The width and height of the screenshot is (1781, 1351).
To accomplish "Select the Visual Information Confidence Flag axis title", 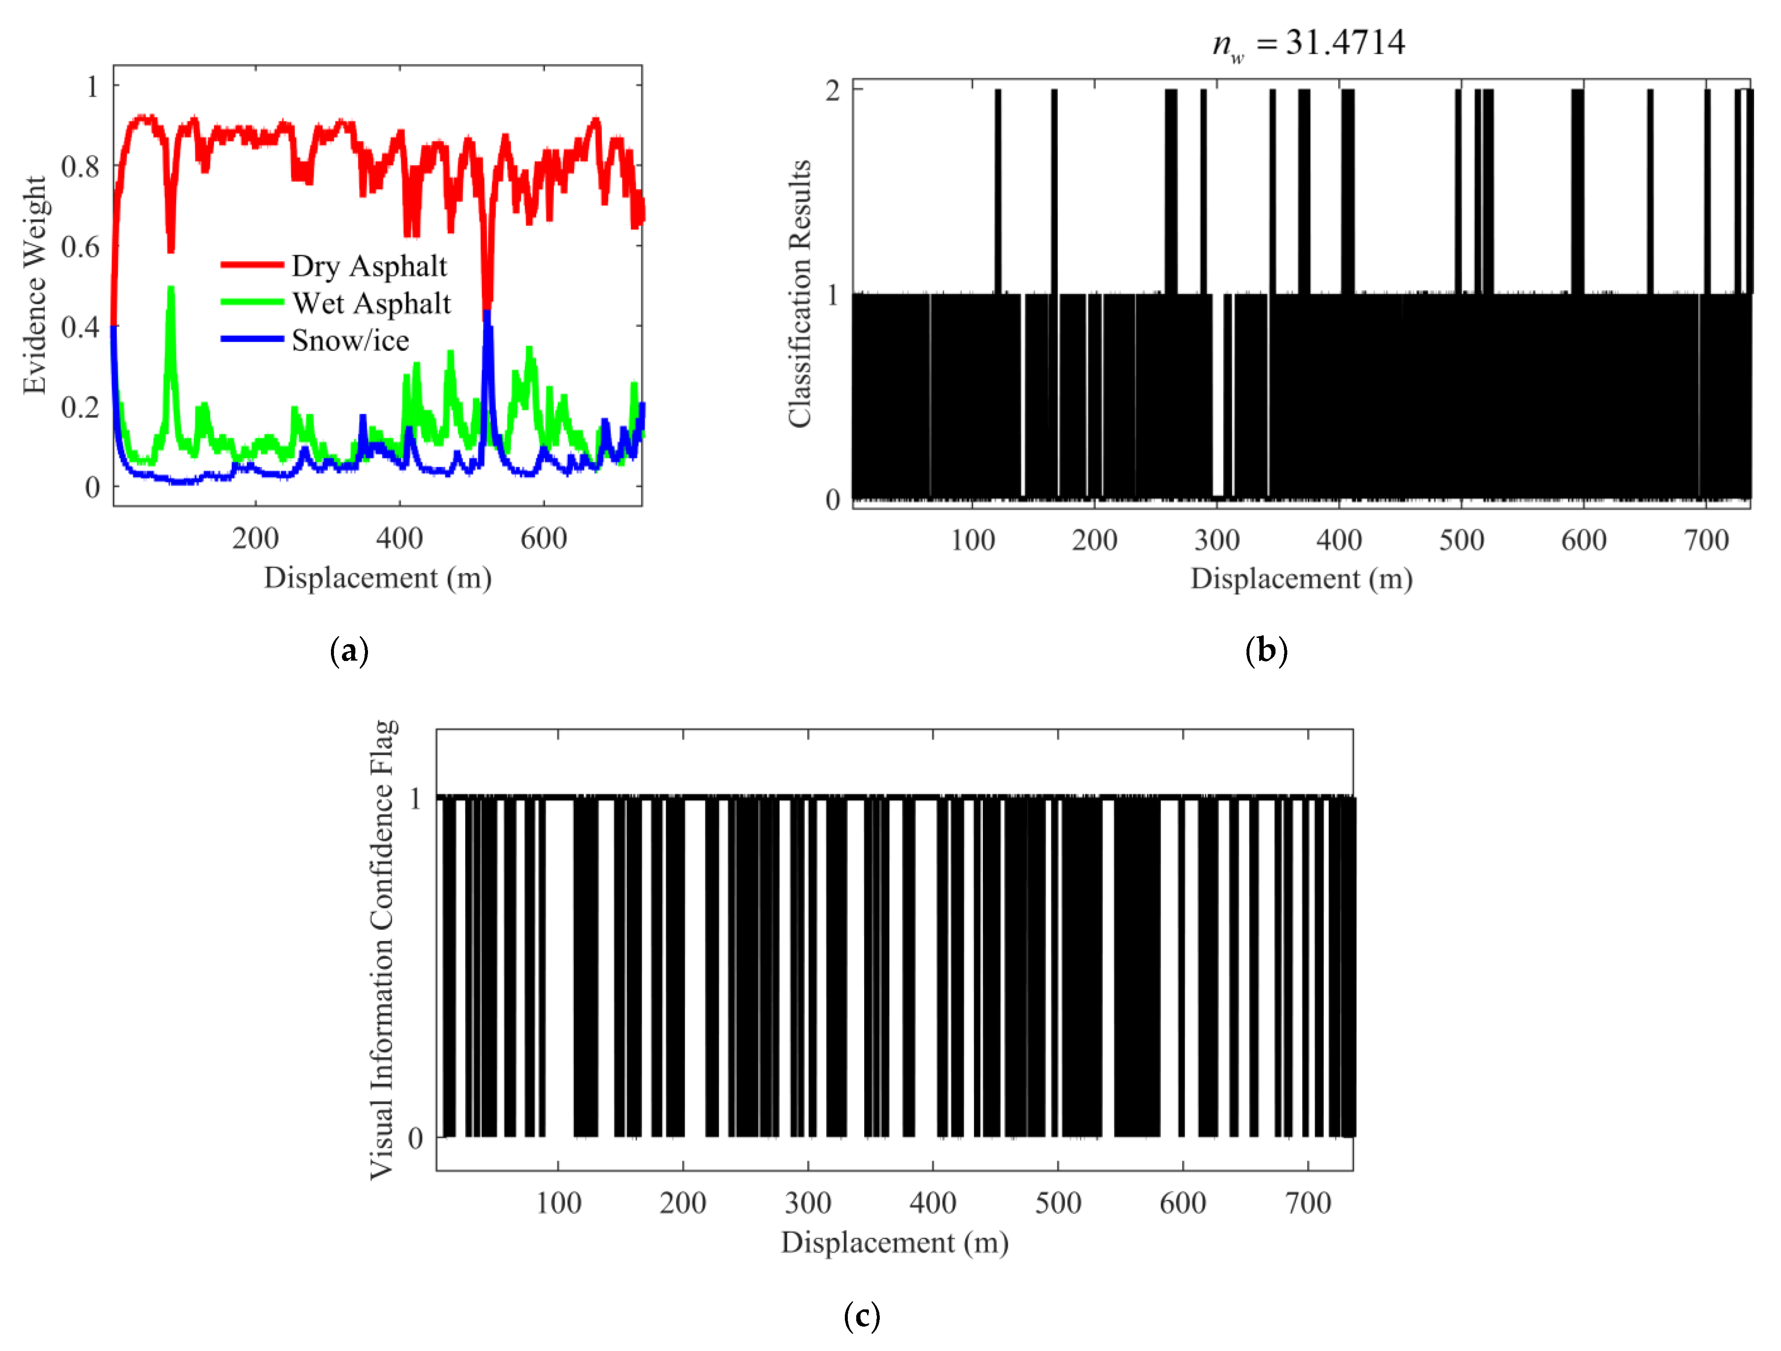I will [x=382, y=950].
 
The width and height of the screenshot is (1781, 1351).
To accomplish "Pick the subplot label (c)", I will [x=862, y=1317].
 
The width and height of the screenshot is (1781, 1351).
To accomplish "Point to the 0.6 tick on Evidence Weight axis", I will [x=80, y=246].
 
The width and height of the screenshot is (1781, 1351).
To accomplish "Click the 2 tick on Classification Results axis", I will [x=833, y=90].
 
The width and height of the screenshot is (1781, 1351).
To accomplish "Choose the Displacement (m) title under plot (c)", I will [x=894, y=1243].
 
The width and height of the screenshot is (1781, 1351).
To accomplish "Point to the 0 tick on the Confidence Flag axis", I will [x=415, y=1138].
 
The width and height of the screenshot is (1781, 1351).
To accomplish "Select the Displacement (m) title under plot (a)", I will [x=378, y=578].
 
